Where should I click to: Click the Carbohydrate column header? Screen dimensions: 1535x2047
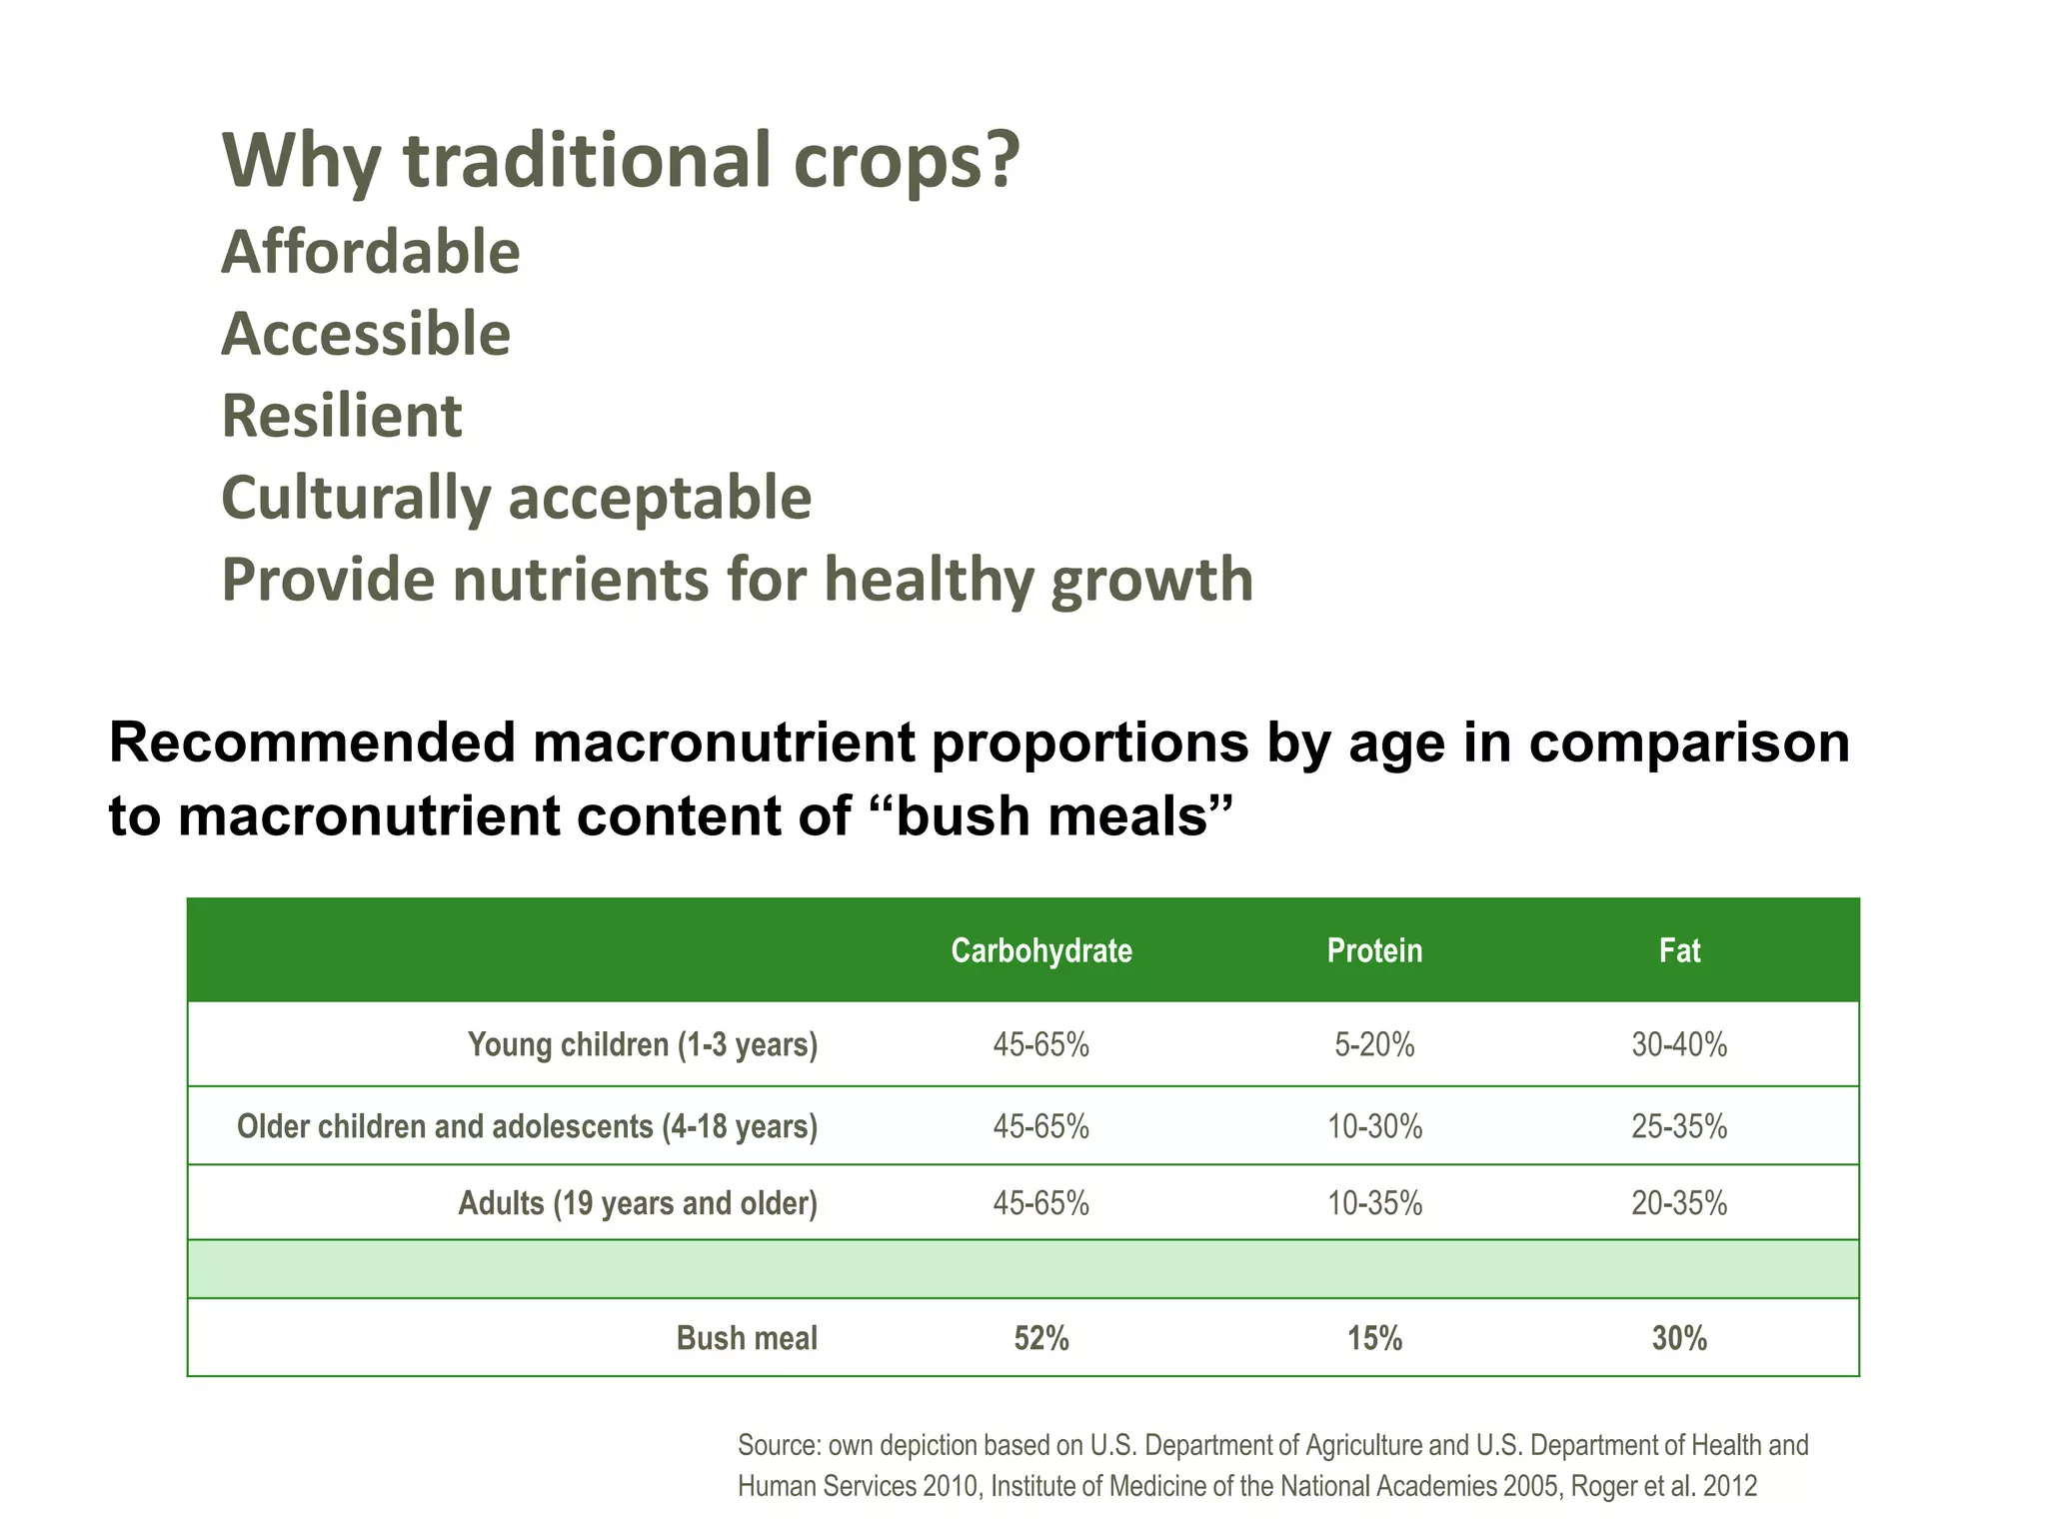click(x=1040, y=950)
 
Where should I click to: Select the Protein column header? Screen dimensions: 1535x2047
click(x=1374, y=950)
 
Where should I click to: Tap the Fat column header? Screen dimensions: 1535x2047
click(x=1679, y=950)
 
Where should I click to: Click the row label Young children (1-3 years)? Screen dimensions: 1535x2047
click(x=643, y=1045)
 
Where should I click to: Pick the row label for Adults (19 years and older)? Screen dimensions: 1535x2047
click(x=638, y=1203)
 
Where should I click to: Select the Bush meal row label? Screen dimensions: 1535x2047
click(x=747, y=1338)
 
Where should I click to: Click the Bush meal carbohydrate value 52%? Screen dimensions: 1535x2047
click(x=1040, y=1338)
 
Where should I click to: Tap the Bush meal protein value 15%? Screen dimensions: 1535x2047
click(x=1374, y=1338)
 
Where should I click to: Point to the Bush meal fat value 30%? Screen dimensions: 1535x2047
click(x=1679, y=1338)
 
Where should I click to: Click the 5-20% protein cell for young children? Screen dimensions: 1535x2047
click(x=1374, y=1045)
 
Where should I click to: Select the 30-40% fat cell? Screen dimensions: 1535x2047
click(x=1679, y=1045)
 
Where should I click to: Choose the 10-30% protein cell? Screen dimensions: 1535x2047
click(x=1374, y=1127)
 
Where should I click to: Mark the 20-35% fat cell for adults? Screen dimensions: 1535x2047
click(x=1679, y=1203)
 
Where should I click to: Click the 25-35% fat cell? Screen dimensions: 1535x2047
click(x=1679, y=1127)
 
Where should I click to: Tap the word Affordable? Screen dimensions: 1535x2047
click(x=370, y=252)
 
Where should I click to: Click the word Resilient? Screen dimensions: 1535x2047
click(x=341, y=416)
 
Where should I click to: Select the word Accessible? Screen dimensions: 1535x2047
click(x=365, y=334)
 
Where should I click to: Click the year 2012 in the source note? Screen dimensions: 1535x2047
click(x=1729, y=1486)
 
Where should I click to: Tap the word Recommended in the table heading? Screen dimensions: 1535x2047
click(x=314, y=743)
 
